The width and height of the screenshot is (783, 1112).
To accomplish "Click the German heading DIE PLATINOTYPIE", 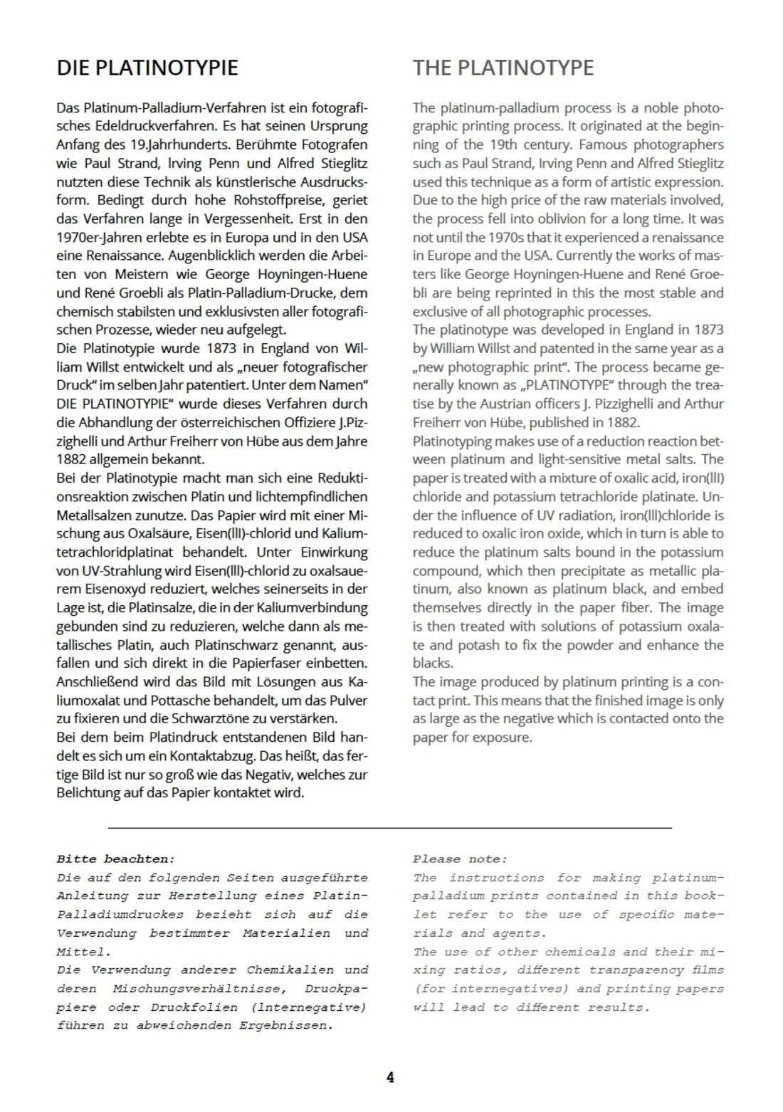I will [x=147, y=68].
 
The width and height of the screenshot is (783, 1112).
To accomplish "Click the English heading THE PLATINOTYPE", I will [x=503, y=68].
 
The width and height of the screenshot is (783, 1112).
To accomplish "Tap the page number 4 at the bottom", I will [x=390, y=1077].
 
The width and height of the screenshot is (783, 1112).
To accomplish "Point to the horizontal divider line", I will [x=390, y=828].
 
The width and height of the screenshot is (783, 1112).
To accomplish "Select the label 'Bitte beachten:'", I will [x=115, y=859].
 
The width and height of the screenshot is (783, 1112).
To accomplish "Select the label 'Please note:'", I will [x=460, y=859].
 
